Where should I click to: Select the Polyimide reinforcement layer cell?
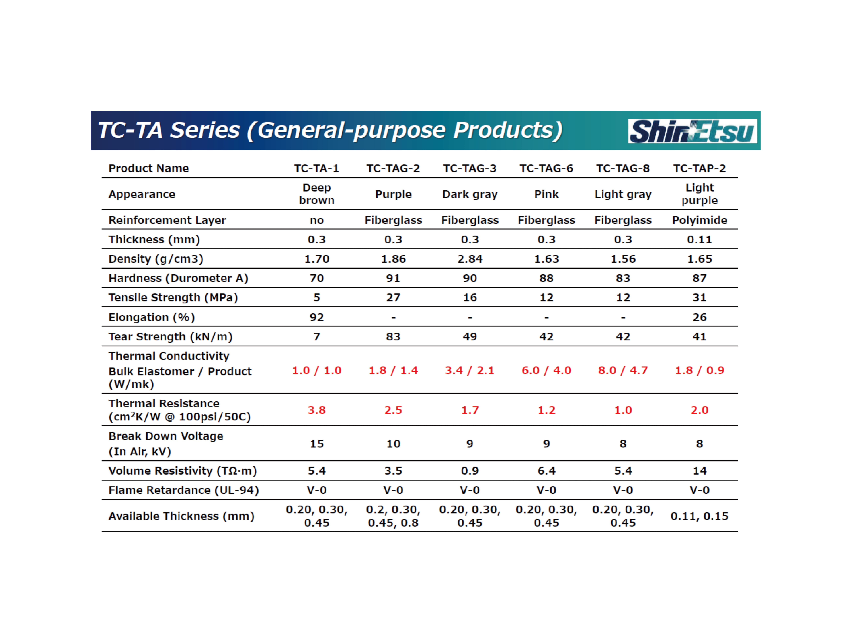699,220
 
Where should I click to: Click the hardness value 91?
393,278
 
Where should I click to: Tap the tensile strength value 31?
699,298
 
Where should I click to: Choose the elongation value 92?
317,317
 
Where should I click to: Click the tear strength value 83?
393,337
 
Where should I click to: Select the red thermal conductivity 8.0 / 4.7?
623,370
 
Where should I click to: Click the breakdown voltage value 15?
317,444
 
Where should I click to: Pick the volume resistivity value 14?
699,471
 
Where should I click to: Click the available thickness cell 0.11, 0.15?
699,516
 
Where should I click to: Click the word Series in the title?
205,130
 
